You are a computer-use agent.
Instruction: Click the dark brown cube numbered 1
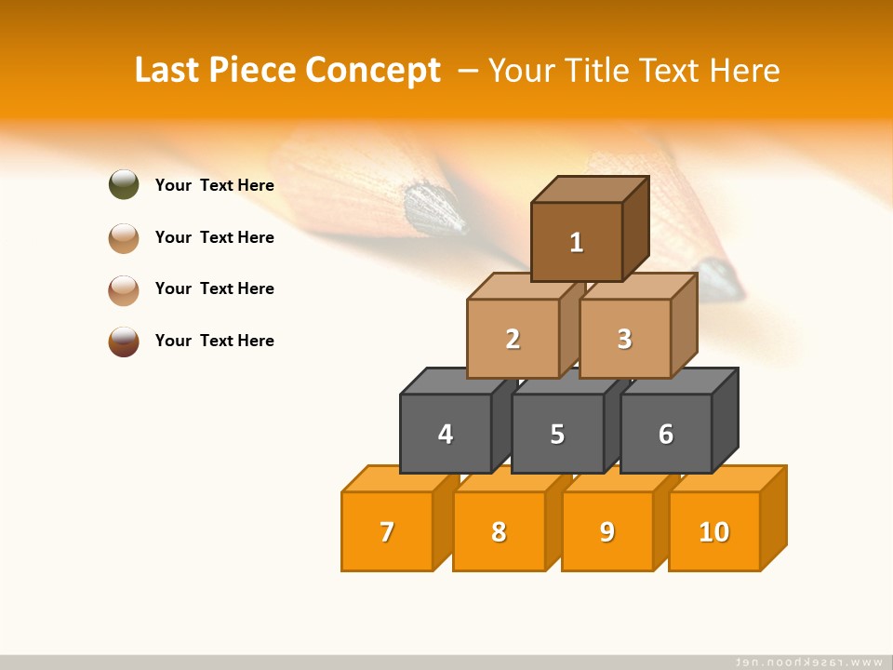pyautogui.click(x=577, y=242)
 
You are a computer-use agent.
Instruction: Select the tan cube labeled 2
pyautogui.click(x=513, y=339)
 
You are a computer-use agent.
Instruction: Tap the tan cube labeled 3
pyautogui.click(x=624, y=339)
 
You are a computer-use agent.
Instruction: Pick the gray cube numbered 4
pyautogui.click(x=446, y=434)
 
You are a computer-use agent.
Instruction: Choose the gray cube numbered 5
pyautogui.click(x=557, y=434)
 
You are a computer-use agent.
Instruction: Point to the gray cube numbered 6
pyautogui.click(x=666, y=434)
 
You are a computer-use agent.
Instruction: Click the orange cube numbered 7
pyautogui.click(x=387, y=531)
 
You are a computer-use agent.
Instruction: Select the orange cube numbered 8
pyautogui.click(x=499, y=531)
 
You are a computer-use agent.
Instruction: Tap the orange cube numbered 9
pyautogui.click(x=607, y=531)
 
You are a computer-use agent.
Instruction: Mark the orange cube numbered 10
pyautogui.click(x=714, y=531)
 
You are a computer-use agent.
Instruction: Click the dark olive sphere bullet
pyautogui.click(x=124, y=185)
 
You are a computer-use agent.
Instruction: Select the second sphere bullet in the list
pyautogui.click(x=124, y=237)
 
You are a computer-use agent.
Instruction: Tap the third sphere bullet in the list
pyautogui.click(x=124, y=289)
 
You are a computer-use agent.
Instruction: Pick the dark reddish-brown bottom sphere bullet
pyautogui.click(x=124, y=341)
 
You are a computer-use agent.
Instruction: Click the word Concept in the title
pyautogui.click(x=373, y=71)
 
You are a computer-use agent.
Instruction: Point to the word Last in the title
pyautogui.click(x=169, y=71)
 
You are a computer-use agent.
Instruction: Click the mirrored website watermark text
pyautogui.click(x=809, y=662)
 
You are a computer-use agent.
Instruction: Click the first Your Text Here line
pyautogui.click(x=215, y=185)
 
